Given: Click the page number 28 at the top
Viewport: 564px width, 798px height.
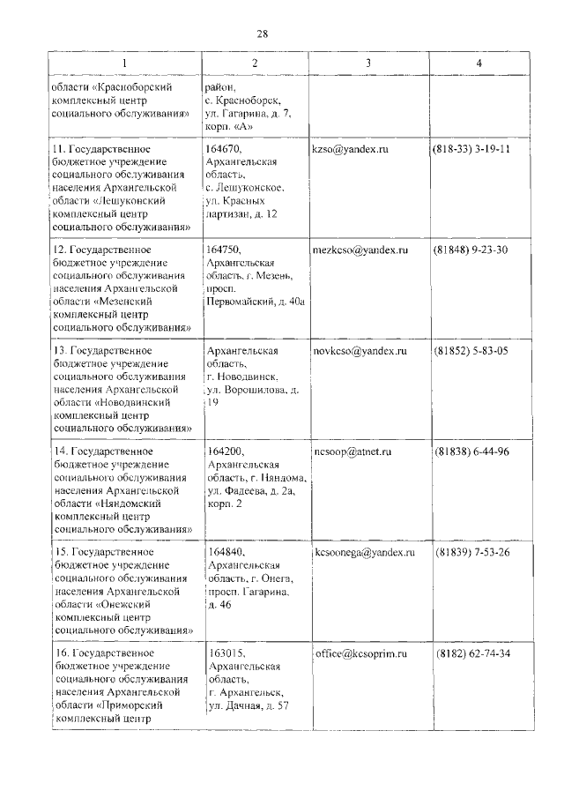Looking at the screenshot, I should pyautogui.click(x=262, y=34).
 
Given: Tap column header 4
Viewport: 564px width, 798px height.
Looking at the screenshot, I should pyautogui.click(x=479, y=63).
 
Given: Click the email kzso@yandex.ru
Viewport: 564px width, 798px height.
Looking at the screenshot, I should pyautogui.click(x=350, y=150).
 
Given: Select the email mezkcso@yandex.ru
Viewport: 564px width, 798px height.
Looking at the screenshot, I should pyautogui.click(x=360, y=250).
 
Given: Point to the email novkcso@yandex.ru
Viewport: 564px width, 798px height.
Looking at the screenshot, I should pyautogui.click(x=359, y=351).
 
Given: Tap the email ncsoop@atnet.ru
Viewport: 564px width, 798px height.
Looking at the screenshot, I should pyautogui.click(x=352, y=451).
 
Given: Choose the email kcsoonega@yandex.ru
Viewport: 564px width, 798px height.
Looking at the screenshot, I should pyautogui.click(x=364, y=552).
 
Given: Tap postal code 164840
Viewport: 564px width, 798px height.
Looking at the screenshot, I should pyautogui.click(x=226, y=552).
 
